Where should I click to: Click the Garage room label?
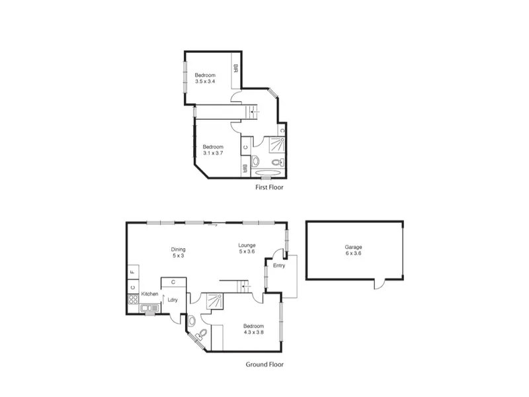(353, 247)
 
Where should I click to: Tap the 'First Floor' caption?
(269, 187)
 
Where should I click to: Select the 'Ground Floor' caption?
(264, 365)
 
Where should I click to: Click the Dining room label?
(178, 249)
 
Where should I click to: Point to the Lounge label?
(247, 245)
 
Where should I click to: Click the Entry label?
(279, 266)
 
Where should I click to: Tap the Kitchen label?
(150, 294)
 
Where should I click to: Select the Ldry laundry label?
(173, 300)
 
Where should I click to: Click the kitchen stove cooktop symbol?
(134, 299)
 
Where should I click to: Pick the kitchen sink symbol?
(150, 308)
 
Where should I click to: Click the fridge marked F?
(134, 271)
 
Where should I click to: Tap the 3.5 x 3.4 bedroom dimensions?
(205, 81)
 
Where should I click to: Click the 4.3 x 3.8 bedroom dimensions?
(254, 332)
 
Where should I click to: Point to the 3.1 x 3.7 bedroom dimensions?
(213, 153)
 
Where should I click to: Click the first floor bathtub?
(268, 173)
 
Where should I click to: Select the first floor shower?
(277, 144)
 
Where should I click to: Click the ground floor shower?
(214, 301)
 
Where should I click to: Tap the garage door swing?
(380, 284)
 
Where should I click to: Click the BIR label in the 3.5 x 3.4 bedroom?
(236, 69)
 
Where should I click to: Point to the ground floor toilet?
(202, 334)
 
